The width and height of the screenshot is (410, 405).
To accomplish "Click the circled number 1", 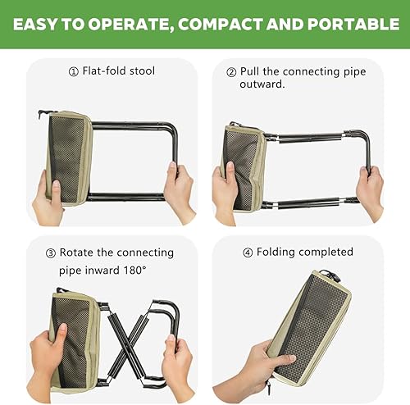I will (x=73, y=71).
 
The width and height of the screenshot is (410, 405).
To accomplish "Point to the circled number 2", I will (x=230, y=71).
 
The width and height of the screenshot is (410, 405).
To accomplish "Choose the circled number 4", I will (x=248, y=252).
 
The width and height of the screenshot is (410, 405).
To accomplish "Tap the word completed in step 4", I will (x=326, y=252).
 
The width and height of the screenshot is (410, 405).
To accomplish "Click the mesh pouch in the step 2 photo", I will (x=241, y=168).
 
